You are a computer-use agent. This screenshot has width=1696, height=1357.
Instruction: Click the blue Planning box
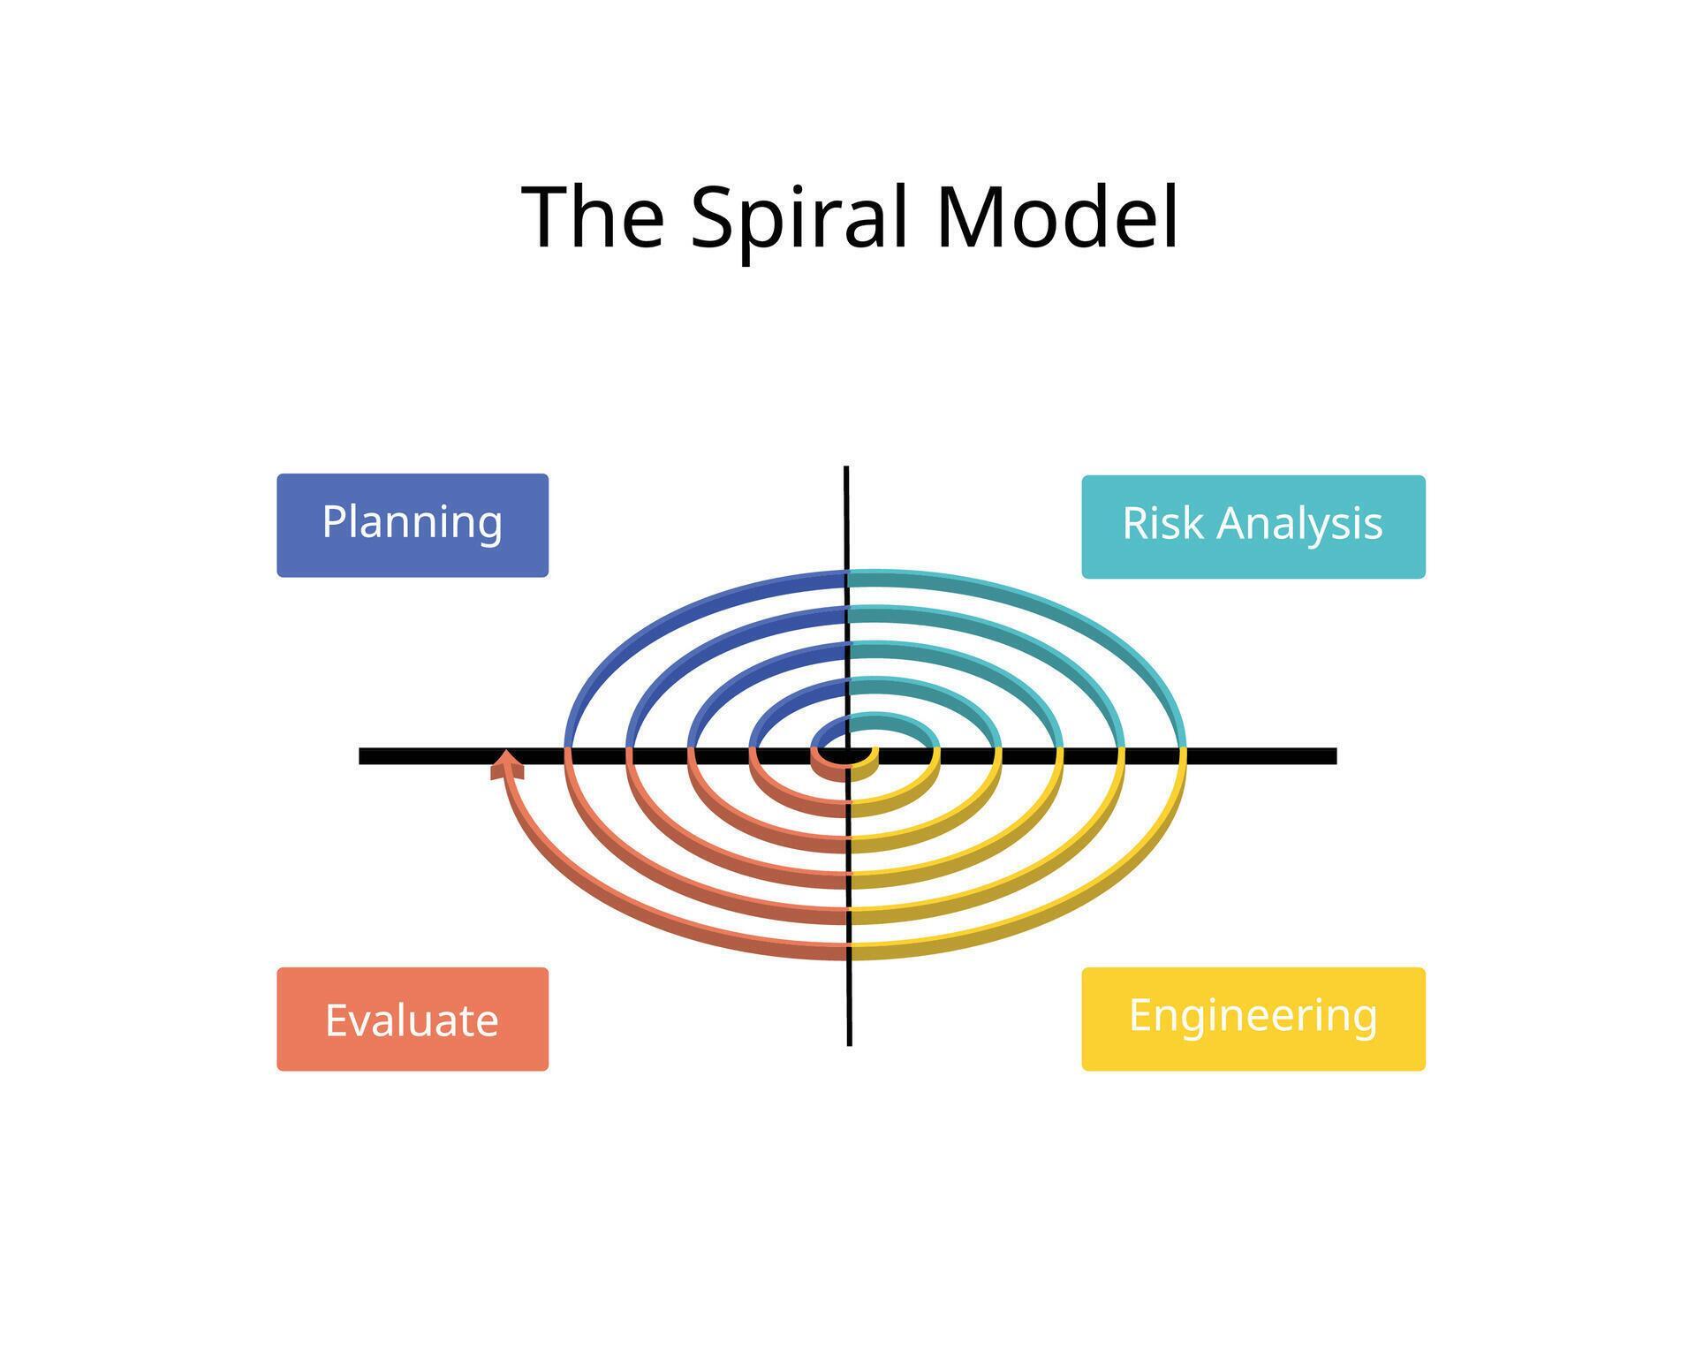pos(413,525)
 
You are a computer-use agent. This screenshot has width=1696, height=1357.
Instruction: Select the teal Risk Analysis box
pos(1253,527)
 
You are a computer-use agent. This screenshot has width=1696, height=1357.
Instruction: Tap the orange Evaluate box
pos(413,1019)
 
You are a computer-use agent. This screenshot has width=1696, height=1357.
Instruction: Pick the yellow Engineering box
pos(1253,1019)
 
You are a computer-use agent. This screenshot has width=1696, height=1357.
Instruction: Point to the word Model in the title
pos(1057,217)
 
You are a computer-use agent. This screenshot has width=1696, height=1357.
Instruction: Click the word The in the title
pos(593,217)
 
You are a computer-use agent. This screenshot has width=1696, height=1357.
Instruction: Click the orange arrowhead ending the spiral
pos(506,764)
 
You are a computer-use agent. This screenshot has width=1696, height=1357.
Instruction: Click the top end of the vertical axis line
pos(846,468)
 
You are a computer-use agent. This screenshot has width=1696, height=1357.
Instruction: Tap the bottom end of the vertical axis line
pos(849,1043)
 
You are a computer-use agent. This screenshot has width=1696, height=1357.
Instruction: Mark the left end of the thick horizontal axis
pos(362,755)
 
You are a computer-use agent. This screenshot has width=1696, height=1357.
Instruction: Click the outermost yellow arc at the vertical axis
pos(861,951)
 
